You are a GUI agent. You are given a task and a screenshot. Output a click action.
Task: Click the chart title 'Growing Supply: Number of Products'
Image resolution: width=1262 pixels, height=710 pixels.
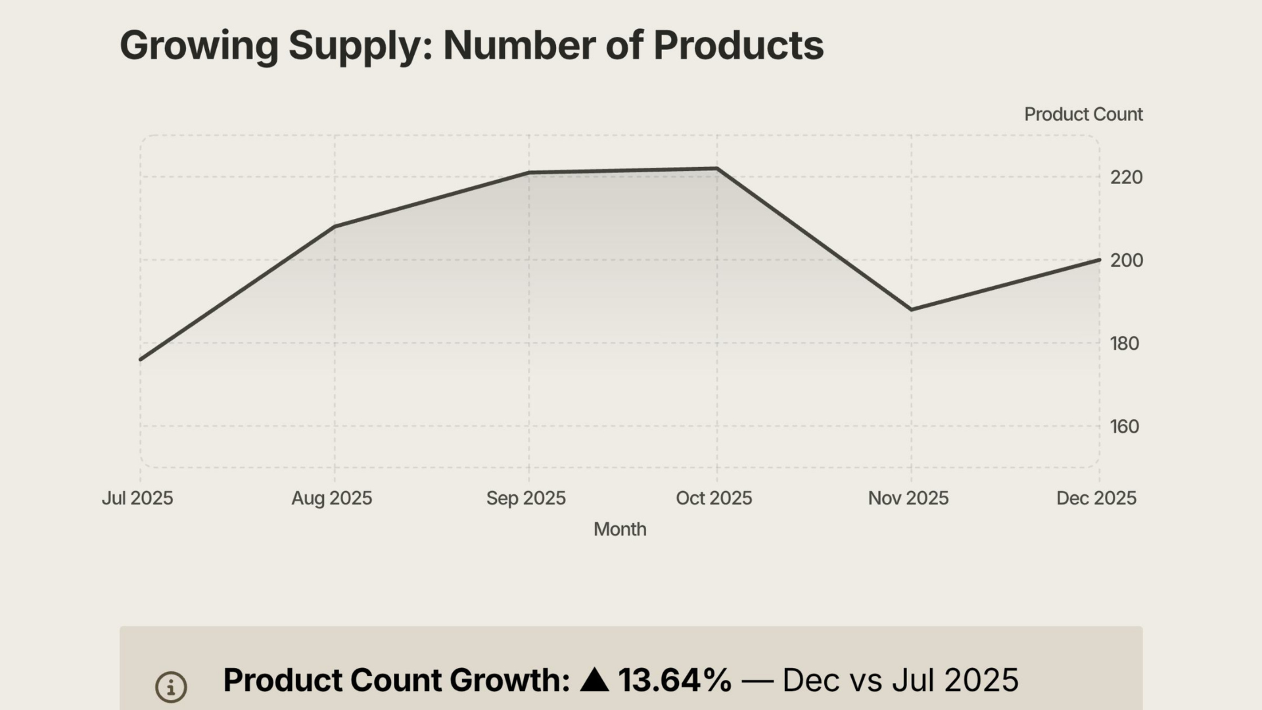(x=471, y=45)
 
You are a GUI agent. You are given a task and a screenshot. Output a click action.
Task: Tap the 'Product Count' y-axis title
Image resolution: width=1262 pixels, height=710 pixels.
(x=1083, y=114)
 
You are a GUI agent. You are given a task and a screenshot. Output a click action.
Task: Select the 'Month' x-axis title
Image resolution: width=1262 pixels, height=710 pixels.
(x=620, y=529)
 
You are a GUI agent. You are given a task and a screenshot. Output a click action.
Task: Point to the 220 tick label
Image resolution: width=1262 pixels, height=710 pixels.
(x=1126, y=177)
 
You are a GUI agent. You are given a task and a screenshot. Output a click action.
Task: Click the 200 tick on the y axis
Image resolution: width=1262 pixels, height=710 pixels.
(x=1126, y=260)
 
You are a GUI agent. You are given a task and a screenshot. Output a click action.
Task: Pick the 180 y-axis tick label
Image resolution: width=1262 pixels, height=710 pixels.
(x=1124, y=343)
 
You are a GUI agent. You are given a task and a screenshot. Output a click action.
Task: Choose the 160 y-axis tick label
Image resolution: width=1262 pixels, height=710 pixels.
(x=1124, y=427)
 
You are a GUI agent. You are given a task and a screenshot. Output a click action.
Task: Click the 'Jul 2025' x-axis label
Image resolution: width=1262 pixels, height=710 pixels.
(x=137, y=498)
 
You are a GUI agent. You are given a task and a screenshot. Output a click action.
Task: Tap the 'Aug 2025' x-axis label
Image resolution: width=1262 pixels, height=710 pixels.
(x=331, y=498)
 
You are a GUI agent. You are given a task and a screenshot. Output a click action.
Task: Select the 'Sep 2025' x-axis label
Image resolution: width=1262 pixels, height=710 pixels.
(x=526, y=498)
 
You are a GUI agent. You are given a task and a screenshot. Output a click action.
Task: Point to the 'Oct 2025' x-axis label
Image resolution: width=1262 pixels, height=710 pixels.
(x=714, y=498)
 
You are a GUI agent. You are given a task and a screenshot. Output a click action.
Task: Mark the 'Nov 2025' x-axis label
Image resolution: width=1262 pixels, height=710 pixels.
(x=908, y=498)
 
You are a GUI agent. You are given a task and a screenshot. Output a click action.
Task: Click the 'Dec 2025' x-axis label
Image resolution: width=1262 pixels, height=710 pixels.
(x=1096, y=498)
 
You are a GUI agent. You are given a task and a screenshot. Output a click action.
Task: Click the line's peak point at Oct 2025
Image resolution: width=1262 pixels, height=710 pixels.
(x=716, y=169)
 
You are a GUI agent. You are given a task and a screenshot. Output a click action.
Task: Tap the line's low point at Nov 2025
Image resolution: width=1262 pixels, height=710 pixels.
(x=911, y=309)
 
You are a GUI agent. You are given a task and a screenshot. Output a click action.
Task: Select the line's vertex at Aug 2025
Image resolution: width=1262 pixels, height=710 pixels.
(x=335, y=227)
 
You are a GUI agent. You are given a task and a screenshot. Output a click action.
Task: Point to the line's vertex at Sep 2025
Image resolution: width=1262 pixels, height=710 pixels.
(x=529, y=173)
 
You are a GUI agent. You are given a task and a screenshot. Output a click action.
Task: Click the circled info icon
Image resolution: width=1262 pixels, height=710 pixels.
(x=171, y=687)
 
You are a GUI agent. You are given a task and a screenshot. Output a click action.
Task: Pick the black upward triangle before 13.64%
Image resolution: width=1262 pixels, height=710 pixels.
(x=594, y=680)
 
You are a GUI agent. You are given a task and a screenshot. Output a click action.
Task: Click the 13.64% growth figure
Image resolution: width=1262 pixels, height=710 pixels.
(x=674, y=680)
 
